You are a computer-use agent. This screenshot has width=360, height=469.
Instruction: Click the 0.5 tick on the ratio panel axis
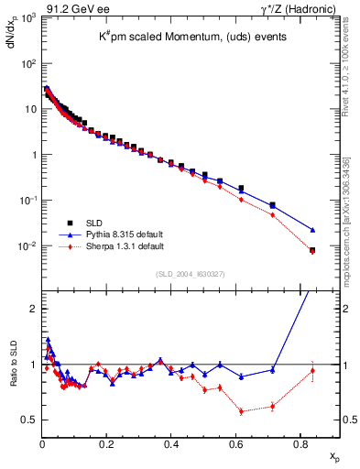point(28,420)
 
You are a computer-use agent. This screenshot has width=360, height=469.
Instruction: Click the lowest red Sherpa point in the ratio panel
point(241,411)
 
